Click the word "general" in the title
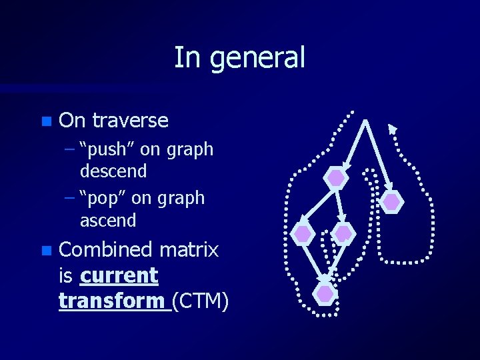[x=257, y=58]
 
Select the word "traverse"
[x=130, y=121]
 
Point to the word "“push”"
[x=107, y=149]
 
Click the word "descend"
[x=113, y=171]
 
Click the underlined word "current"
[x=119, y=275]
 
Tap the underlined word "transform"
[x=113, y=301]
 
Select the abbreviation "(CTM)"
[x=201, y=301]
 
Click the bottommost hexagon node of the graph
[x=325, y=293]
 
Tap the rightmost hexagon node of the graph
[x=391, y=201]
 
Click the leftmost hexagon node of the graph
[x=303, y=234]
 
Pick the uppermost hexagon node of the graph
[x=336, y=178]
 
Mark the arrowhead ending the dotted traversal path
[x=393, y=129]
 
